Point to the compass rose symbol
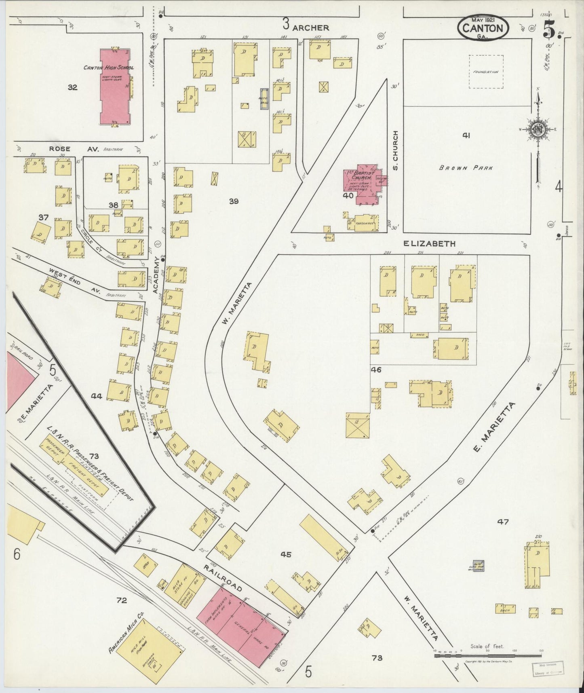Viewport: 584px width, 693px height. [x=538, y=129]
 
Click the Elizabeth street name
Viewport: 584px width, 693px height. [x=430, y=243]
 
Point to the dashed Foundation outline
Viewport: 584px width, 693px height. [x=486, y=72]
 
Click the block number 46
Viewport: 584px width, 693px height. [x=377, y=370]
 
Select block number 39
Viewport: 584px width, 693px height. [x=234, y=201]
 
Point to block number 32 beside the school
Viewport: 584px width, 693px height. [x=72, y=87]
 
